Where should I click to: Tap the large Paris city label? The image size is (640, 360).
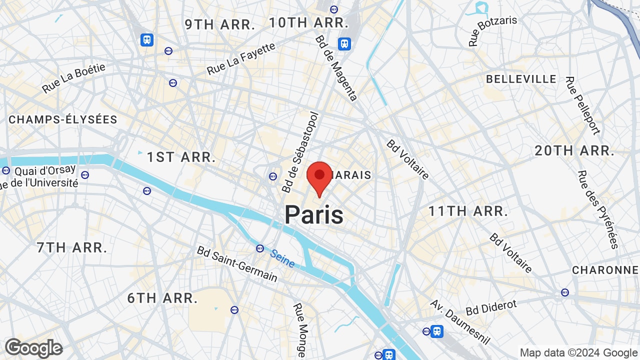coord(314,215)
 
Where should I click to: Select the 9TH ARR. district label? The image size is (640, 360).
coord(220,24)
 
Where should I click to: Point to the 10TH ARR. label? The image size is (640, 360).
coord(308,22)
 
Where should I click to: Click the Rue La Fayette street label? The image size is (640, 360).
coord(241,58)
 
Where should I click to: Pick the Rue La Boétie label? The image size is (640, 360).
coord(73,78)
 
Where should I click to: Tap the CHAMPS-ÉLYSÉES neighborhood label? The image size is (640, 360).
coord(63,119)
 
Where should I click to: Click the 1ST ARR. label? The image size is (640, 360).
coord(181,157)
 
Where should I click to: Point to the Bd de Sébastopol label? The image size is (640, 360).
coord(300,152)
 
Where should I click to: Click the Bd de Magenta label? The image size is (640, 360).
coord(336,68)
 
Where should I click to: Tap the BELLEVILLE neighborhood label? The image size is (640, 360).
coord(521,79)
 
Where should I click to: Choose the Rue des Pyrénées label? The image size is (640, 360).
coord(598,209)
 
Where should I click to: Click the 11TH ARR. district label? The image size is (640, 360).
coord(468,211)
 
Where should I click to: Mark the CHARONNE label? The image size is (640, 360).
coord(605,270)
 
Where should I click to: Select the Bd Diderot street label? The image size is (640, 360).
coord(491,307)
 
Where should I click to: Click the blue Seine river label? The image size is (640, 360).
coord(282,258)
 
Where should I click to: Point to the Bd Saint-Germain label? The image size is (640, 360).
coord(237,263)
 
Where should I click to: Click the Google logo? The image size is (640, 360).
coord(33,348)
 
